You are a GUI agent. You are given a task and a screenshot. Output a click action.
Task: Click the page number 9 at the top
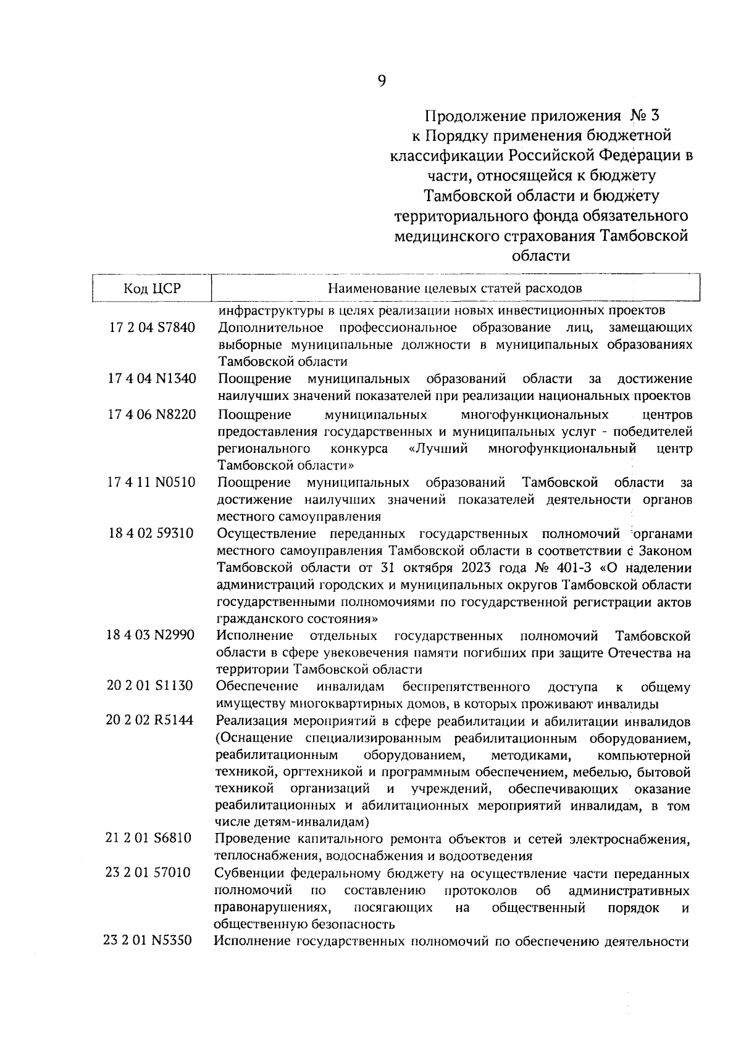click(381, 81)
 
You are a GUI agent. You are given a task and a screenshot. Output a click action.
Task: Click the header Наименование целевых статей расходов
click(454, 288)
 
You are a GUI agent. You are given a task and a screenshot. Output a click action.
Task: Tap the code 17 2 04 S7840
click(152, 328)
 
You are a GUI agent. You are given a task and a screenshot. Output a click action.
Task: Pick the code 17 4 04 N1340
click(153, 379)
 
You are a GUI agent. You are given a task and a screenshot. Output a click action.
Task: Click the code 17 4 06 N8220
click(153, 414)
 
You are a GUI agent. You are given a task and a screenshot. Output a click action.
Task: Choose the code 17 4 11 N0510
click(151, 482)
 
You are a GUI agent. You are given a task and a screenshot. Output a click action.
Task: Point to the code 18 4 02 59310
click(150, 533)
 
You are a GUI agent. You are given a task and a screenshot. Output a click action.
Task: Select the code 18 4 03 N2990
click(150, 636)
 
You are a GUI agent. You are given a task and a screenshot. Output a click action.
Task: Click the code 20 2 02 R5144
click(149, 721)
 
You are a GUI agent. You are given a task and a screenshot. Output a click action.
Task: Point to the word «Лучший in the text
click(438, 448)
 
